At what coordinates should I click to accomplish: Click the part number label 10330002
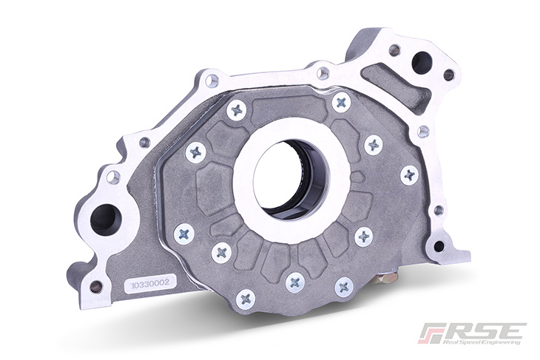coord(150,283)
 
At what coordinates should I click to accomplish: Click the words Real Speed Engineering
coord(482,342)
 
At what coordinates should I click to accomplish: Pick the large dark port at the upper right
coord(421,62)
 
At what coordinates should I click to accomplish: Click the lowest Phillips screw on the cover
coord(246,299)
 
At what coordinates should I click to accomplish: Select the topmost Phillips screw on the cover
coord(342,101)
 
